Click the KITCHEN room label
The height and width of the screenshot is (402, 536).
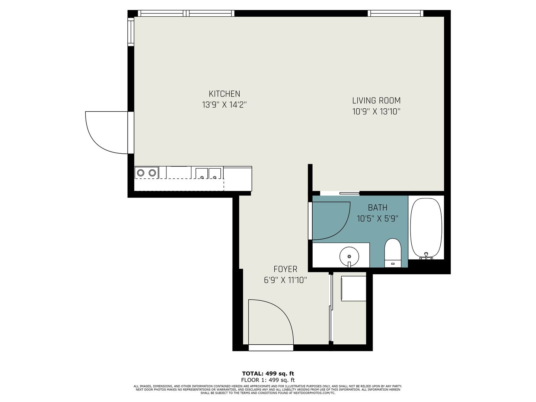[224, 94]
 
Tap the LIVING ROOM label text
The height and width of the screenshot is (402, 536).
[376, 100]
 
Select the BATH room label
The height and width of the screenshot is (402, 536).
[377, 208]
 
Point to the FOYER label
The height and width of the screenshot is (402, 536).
[285, 269]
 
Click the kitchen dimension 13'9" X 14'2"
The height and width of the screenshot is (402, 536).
[224, 105]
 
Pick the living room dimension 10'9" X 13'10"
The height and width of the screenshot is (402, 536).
[376, 111]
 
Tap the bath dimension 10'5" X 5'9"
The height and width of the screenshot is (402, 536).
[377, 219]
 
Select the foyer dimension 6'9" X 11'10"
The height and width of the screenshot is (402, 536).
[285, 280]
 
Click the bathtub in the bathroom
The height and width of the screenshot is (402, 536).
[426, 228]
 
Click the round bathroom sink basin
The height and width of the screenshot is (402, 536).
[349, 256]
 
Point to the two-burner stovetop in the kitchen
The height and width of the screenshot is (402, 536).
[146, 173]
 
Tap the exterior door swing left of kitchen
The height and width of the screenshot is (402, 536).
[107, 132]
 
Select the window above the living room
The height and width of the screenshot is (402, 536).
[395, 13]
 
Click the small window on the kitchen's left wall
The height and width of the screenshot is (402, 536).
[131, 31]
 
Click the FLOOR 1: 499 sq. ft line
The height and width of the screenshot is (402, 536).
[268, 380]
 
